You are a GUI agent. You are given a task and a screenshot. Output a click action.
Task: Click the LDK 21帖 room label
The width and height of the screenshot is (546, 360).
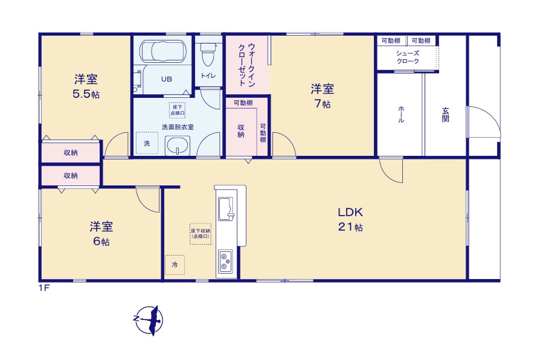point(350,219)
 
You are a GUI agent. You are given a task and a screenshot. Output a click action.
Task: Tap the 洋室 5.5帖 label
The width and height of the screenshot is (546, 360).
point(87,86)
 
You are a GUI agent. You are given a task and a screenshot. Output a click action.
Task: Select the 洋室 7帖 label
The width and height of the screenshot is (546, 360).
point(323,96)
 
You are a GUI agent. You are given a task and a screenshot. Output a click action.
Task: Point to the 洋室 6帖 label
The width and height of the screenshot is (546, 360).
point(101,234)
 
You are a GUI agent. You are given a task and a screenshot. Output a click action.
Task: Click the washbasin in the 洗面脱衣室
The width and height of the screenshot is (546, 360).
point(177,145)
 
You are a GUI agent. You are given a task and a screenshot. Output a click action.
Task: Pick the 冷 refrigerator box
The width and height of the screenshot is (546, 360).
point(175,265)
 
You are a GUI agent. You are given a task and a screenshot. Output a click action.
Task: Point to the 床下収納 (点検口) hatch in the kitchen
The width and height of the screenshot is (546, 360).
point(200,233)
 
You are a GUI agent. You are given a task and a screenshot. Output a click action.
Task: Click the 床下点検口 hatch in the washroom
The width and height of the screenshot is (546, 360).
point(177,109)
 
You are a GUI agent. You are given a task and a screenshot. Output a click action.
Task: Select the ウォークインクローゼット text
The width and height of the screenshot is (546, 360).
point(246,66)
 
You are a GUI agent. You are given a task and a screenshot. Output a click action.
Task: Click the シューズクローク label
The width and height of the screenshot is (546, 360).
point(408,57)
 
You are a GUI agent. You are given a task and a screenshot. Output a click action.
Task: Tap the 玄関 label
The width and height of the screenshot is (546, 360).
point(445,114)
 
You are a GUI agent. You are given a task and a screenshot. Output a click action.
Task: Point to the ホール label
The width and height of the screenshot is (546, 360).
point(400,114)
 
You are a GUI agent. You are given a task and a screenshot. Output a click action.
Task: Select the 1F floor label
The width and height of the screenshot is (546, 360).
point(43,288)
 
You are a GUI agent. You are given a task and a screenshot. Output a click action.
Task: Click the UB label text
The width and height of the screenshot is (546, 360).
point(165,79)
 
